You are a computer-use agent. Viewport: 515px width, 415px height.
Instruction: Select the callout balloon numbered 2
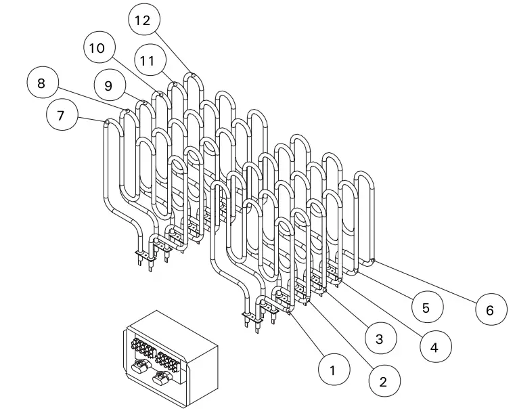383,381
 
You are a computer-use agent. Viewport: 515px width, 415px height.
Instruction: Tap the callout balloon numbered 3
380,339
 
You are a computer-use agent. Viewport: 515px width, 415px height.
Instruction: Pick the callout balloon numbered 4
433,347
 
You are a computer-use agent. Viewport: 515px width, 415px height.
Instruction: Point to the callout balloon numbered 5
426,307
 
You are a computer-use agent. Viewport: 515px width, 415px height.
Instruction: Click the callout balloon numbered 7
60,115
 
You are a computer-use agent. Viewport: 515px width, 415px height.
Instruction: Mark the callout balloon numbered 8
41,84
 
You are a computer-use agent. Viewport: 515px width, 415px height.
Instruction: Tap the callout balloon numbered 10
98,47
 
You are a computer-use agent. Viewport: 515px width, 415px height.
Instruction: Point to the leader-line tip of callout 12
193,75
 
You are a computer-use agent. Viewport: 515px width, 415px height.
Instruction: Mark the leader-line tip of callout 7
107,122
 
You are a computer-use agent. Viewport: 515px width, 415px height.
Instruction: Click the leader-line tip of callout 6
373,260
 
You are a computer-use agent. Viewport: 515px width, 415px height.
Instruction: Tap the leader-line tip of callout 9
144,103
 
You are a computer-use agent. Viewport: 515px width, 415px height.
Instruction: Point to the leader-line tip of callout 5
357,271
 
